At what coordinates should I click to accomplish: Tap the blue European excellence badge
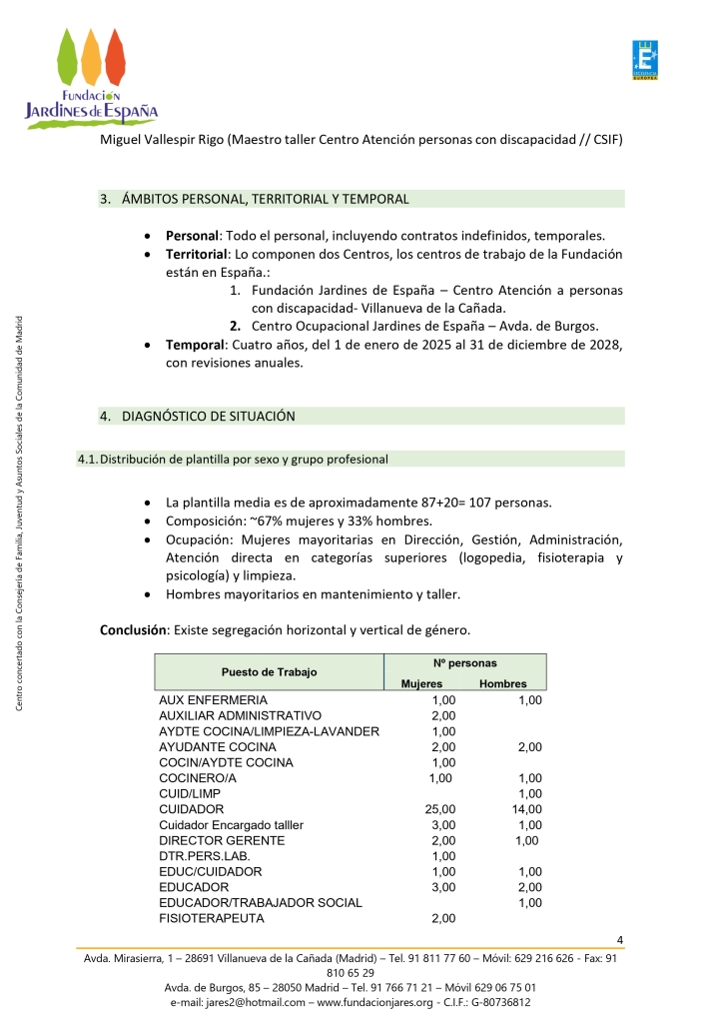[645, 61]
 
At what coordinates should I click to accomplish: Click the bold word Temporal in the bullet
[195, 345]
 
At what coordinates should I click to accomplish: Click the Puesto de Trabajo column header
[269, 671]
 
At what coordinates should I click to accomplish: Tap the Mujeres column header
[421, 684]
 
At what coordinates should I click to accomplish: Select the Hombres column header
[503, 684]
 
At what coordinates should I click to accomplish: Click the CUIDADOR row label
[192, 808]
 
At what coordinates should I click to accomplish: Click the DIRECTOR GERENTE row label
[222, 840]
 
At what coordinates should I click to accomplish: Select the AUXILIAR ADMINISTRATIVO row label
[240, 716]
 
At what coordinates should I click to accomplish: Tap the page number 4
[620, 939]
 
